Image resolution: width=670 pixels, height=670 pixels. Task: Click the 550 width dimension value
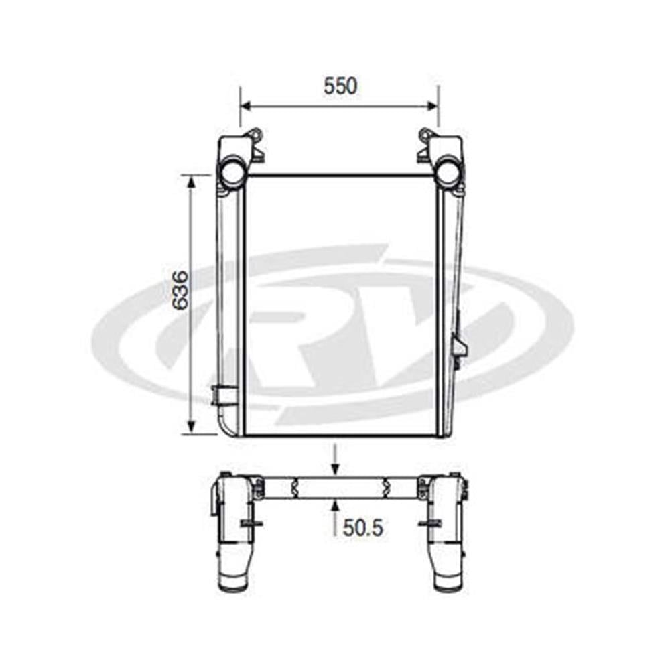[x=340, y=86]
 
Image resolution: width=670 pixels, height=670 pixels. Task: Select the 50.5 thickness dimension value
[x=363, y=528]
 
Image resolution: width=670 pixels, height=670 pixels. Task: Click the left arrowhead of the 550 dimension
[x=247, y=106]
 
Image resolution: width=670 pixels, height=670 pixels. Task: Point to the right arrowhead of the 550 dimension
[x=432, y=106]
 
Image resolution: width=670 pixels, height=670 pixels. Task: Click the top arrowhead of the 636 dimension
[x=192, y=181]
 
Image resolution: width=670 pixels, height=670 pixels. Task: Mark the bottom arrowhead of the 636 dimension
[x=192, y=427]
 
